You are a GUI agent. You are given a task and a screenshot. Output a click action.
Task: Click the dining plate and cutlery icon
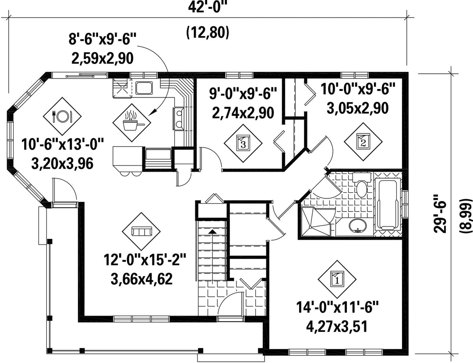click(x=62, y=116)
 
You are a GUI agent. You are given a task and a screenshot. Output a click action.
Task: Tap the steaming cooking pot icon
click(x=131, y=123)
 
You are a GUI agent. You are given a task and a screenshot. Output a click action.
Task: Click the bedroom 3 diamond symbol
click(x=243, y=143)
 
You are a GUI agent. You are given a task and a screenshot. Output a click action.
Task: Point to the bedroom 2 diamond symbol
click(x=363, y=141)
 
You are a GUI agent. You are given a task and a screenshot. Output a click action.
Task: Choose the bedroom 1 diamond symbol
click(x=337, y=279)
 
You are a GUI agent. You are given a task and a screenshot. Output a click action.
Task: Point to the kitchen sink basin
click(x=144, y=88)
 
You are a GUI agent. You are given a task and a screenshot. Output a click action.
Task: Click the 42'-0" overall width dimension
click(x=208, y=7)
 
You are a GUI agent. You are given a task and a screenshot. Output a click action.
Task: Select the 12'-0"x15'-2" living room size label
click(x=145, y=260)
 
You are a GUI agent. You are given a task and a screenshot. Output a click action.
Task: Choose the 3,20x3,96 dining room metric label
click(x=62, y=164)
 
